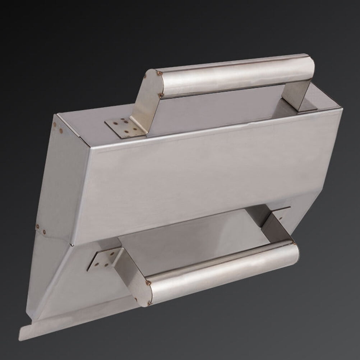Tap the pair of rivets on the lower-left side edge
pyautogui.click(x=41, y=229)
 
